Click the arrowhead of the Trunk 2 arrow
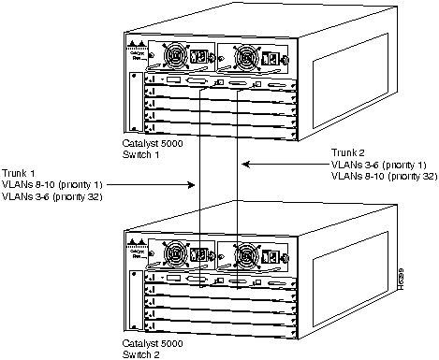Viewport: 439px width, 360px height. [x=245, y=166]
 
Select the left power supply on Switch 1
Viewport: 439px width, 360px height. [x=177, y=54]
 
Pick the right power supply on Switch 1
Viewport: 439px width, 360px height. [x=246, y=54]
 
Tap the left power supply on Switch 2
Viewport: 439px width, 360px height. [x=177, y=254]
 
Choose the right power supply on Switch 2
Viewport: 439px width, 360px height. [x=246, y=254]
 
